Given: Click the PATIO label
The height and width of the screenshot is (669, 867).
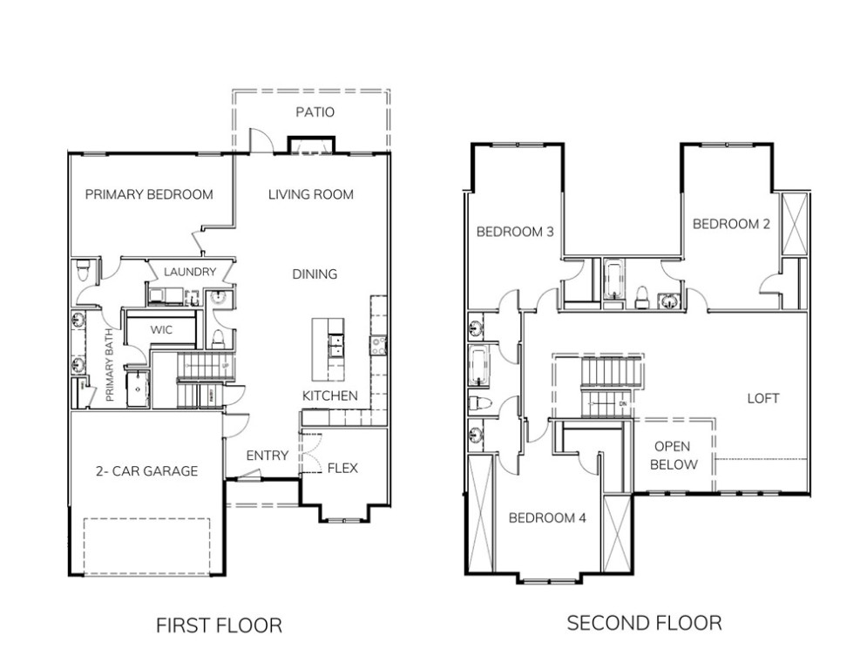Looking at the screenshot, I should pos(315,112).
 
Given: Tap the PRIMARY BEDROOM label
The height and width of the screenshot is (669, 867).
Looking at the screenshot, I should pos(149,194).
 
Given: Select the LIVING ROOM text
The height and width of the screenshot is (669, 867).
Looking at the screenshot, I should pos(311,194).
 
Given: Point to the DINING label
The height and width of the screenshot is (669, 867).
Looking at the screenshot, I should pos(315,274).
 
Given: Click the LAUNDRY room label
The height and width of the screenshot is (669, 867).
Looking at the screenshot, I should pos(189,272).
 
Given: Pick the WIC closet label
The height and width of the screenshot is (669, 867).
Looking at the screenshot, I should pos(161,331).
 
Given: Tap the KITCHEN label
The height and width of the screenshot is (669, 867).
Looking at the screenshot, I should pos(329,395).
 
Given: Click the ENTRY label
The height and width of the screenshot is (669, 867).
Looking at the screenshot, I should pos(268,456).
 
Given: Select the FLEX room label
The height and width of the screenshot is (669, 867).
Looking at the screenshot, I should pos(342,468).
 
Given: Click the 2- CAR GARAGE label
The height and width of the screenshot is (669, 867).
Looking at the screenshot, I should pos(146,471).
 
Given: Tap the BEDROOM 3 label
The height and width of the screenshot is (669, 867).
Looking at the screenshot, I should pos(516,231).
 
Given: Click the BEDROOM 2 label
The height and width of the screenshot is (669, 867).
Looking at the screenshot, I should pos(731,224).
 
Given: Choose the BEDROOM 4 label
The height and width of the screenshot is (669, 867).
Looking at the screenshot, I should pos(547,517).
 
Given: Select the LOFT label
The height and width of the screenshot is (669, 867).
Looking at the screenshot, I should pos(762,398).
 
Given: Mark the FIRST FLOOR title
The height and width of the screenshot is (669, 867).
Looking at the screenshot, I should pos(219,625).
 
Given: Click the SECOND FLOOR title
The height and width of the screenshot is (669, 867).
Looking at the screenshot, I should pos(644,623).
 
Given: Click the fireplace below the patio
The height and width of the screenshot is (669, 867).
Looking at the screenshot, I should pos(311,145).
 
